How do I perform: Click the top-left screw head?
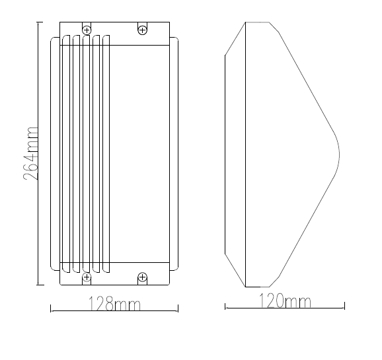[x=87, y=30]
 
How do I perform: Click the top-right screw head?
[x=142, y=30]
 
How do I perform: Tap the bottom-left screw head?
[x=87, y=277]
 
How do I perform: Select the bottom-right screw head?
[x=142, y=277]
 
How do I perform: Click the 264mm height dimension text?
[x=31, y=154]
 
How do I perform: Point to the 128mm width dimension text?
[x=114, y=303]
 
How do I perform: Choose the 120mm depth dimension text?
[x=285, y=301]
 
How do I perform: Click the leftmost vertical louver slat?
[x=66, y=154]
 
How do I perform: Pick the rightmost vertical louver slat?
[x=106, y=154]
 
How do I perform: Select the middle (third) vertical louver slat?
[x=86, y=154]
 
